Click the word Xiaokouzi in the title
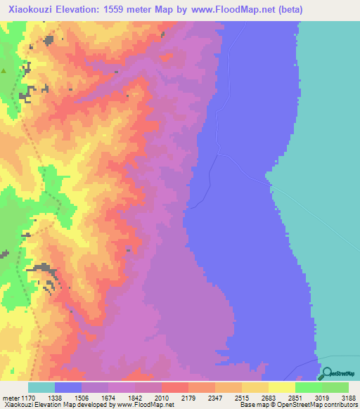point(27,9)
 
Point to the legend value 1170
point(31,398)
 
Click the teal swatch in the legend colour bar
point(41,387)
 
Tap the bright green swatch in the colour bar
point(308,387)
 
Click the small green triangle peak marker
point(4,71)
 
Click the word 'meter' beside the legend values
point(12,398)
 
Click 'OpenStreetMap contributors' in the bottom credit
point(320,405)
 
